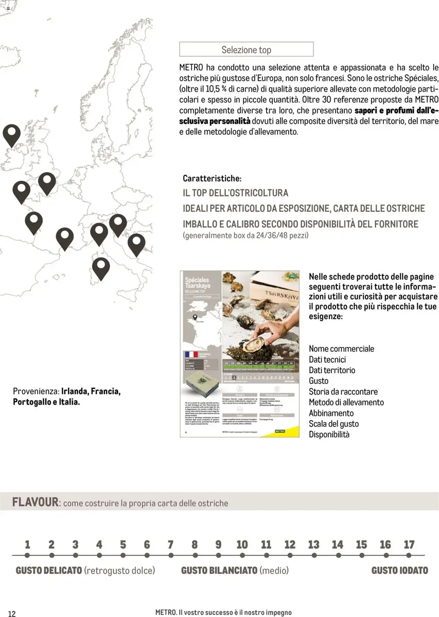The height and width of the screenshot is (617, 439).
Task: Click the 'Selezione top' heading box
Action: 246,49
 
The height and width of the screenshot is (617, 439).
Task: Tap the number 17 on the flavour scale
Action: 409,545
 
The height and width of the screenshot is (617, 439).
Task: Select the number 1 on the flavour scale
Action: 27,545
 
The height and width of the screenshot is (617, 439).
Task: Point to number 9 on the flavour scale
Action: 218,545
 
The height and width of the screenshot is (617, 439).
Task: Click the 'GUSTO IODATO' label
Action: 399,570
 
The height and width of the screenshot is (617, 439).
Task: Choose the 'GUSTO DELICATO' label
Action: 49,570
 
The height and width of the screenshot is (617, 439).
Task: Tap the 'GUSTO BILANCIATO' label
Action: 219,570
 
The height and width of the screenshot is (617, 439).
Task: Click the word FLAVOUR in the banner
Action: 36,502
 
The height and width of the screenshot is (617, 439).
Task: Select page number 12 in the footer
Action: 12,613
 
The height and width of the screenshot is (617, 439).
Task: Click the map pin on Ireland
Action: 11,135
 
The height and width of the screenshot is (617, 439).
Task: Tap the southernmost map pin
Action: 101,268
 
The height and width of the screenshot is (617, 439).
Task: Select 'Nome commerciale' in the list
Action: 341,349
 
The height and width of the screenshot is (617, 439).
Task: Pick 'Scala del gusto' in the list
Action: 333,424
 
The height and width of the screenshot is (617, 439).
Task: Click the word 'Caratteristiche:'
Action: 212,178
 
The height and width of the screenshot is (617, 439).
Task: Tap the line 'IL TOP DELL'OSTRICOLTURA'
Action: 235,193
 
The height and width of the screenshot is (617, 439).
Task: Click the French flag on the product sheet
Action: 191,355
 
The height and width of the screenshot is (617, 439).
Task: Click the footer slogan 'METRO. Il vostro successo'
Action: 223,612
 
